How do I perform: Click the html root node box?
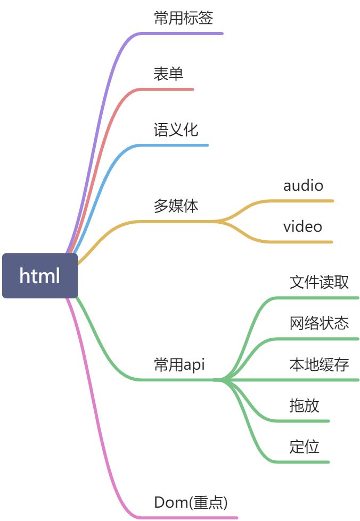[40, 275]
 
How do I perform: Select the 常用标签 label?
[183, 18]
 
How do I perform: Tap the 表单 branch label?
[168, 74]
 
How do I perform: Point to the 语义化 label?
[176, 130]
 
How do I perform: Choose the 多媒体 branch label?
[176, 206]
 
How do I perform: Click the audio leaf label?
[303, 185]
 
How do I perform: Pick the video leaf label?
[302, 226]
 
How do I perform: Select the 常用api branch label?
[179, 364]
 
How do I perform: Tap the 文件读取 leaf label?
[319, 282]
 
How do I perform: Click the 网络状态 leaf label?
[319, 323]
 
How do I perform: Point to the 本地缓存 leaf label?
[319, 364]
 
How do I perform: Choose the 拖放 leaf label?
[304, 405]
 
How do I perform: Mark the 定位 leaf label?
[304, 446]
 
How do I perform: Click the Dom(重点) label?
[191, 502]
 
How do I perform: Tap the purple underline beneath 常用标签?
[181, 33]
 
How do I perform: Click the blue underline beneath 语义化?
[176, 145]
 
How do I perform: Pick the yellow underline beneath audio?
[304, 201]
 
